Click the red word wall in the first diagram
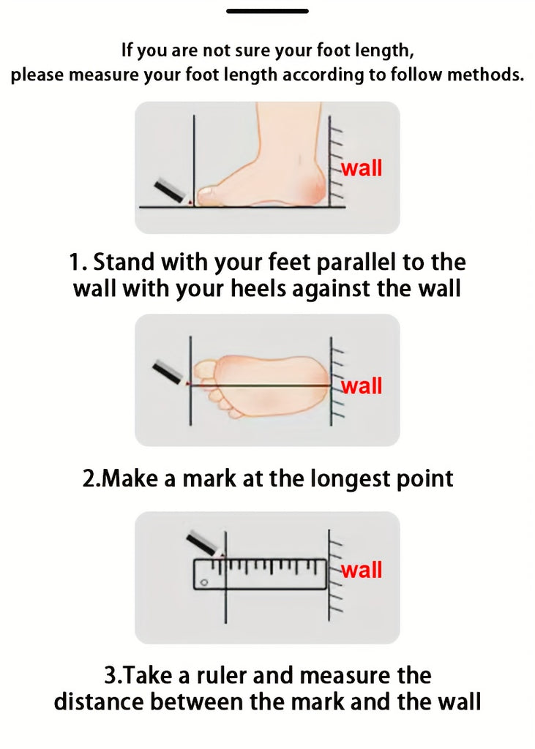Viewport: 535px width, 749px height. [362, 169]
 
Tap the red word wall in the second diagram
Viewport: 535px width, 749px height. [362, 386]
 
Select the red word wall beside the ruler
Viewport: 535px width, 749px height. [362, 570]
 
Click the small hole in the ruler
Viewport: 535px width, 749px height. [205, 582]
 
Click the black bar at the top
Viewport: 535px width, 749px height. [267, 10]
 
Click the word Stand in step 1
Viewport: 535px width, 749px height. [124, 262]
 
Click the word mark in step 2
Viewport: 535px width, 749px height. [209, 478]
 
